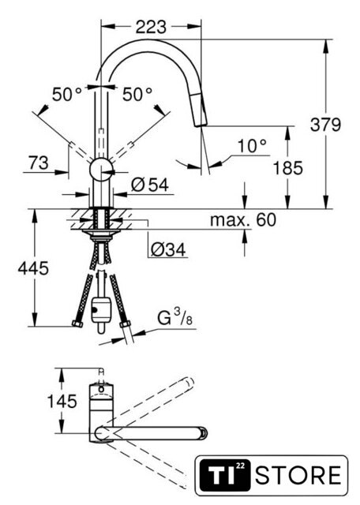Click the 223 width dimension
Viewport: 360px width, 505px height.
151,27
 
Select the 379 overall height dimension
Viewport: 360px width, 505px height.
325,125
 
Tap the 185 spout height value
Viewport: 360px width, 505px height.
288,168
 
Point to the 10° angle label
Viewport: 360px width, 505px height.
252,146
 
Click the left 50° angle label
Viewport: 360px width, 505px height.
67,95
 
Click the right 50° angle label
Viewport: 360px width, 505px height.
137,95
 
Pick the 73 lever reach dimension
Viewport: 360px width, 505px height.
39,163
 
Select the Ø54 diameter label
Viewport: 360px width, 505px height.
150,185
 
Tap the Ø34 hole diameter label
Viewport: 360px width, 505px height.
168,249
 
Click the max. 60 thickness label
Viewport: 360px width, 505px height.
243,220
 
